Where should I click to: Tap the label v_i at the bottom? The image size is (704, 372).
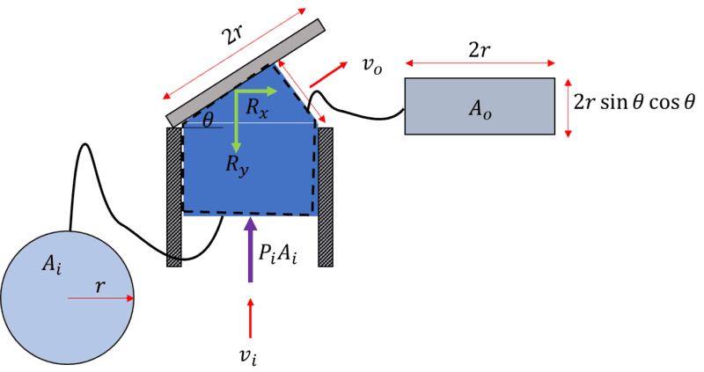[251, 355]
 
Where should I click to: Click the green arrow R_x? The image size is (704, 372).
[256, 90]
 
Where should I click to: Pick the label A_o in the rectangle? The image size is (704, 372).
[479, 108]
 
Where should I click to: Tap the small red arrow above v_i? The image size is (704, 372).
[251, 318]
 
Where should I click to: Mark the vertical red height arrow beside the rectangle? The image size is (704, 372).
[568, 107]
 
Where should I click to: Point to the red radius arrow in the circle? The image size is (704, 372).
[100, 299]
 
